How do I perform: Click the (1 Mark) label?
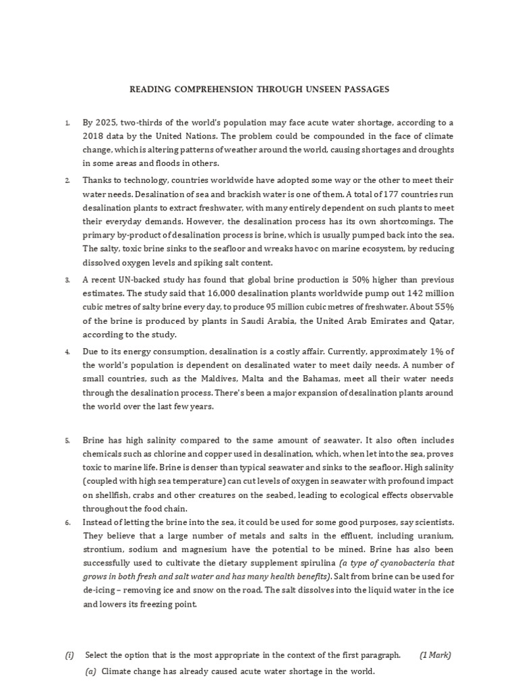[435, 655]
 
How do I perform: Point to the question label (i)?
[69, 655]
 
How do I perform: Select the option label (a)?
[91, 672]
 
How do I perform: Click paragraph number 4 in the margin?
[67, 352]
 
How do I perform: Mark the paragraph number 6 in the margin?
[67, 523]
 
